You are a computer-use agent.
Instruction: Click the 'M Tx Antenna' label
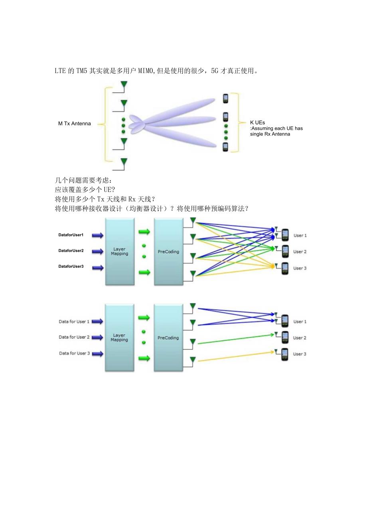pos(75,124)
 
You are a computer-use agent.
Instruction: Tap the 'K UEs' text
pos(258,122)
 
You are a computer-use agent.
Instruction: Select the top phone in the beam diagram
pos(225,98)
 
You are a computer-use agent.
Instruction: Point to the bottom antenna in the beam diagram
pos(124,162)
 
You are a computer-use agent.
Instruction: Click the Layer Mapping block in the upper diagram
pos(119,252)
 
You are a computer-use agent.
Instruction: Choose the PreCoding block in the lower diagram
pos(168,338)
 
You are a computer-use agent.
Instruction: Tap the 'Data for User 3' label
pos(74,353)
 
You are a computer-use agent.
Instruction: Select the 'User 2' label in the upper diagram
pos(300,252)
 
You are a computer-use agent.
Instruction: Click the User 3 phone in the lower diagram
pos(284,354)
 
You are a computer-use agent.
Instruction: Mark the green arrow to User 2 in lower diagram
pos(235,338)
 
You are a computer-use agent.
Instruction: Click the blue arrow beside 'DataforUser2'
pos(97,251)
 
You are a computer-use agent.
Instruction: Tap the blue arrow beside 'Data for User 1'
pos(97,322)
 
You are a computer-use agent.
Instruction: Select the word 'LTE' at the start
pos(60,71)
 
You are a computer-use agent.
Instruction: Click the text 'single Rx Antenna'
pos(270,134)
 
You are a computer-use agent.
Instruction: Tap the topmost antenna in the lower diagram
pos(193,306)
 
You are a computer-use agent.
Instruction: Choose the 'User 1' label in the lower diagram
pos(300,322)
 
